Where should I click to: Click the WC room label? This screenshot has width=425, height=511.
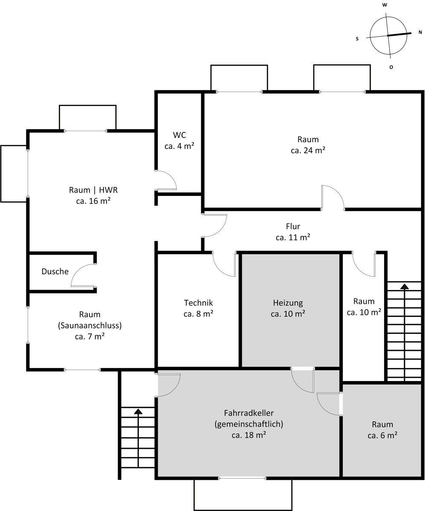pos(179,135)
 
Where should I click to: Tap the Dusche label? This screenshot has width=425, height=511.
pos(55,271)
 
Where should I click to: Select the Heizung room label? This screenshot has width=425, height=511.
pos(288,303)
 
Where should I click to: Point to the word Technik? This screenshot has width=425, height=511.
pos(198,303)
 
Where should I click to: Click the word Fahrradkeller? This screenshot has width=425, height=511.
pos(249,413)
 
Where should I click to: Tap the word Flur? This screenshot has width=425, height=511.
pos(293,227)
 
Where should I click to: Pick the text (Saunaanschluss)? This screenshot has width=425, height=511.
pos(90,326)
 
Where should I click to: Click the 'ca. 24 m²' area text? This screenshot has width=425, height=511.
pos(308,150)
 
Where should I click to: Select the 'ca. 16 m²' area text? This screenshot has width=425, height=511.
pos(93,201)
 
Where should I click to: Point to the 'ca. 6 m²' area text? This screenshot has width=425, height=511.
pos(382,436)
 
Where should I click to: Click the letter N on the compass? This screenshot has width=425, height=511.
pos(420,32)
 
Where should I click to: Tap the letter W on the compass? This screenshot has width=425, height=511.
pos(385,5)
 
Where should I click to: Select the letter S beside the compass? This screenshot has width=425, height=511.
pos(357,39)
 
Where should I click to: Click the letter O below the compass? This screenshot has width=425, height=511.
pos(391,67)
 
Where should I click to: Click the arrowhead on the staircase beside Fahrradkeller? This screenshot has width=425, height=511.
pos(138,411)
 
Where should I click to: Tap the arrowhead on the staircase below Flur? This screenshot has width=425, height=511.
pos(405,286)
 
